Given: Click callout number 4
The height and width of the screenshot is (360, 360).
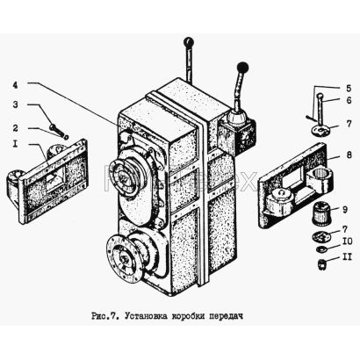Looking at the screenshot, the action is coord(15,85).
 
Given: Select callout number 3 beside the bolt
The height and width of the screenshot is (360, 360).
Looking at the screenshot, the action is coord(15,104).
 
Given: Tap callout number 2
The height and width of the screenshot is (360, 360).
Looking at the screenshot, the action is coord(15,128).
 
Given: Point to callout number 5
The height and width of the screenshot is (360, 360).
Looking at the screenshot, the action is coord(348,89).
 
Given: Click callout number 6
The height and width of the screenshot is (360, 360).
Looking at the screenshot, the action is coord(349,100).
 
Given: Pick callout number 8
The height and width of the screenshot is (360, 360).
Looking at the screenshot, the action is coord(349,155).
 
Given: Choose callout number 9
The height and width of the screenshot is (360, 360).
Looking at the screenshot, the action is coord(345,210).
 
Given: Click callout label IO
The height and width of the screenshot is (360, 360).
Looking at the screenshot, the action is coord(347,241).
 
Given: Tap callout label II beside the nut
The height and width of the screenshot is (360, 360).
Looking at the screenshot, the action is coord(347,257).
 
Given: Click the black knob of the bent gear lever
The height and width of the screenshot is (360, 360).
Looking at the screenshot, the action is coord(242,68).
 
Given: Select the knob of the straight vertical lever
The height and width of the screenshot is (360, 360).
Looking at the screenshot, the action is coord(189,42).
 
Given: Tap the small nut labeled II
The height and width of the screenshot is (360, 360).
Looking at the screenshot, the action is coord(321,265).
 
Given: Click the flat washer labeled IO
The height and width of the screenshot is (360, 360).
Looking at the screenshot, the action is coord(321,249).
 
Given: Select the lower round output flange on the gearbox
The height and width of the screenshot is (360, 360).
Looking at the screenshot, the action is coord(122,257).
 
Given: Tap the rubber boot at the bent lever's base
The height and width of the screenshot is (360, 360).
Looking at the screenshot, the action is coord(235,117).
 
